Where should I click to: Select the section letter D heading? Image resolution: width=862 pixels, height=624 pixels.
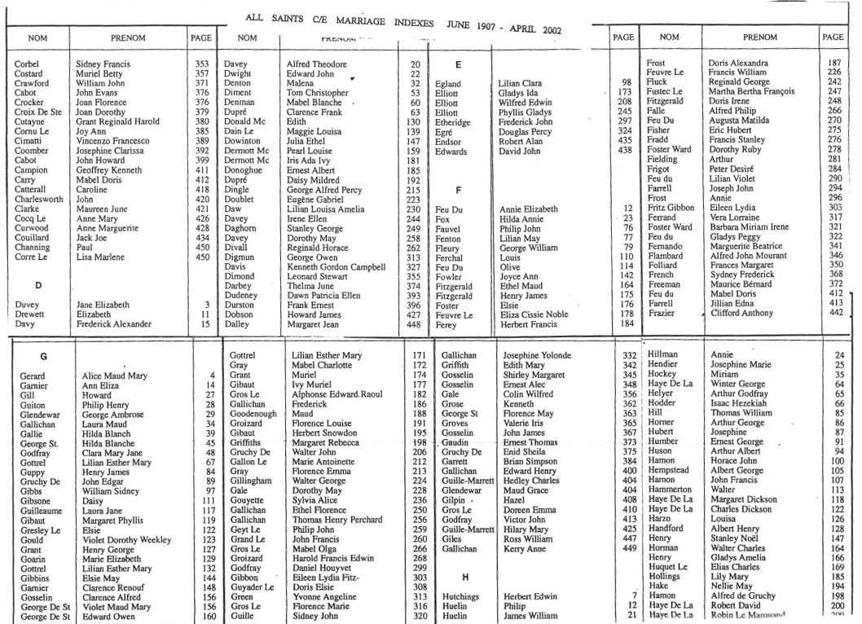38,286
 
